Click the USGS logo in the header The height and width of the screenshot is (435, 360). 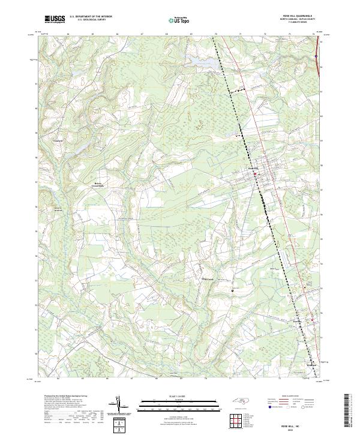point(55,19)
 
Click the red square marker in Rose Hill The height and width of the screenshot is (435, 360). point(254,175)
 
